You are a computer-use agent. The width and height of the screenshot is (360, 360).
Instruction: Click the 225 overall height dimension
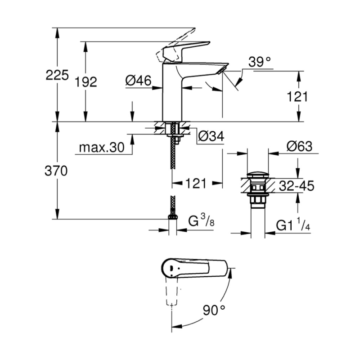[57, 75]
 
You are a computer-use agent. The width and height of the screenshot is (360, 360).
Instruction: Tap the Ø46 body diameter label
[139, 81]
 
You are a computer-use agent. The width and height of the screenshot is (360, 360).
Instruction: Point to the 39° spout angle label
[260, 62]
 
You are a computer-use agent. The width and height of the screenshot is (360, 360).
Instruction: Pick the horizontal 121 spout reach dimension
[196, 183]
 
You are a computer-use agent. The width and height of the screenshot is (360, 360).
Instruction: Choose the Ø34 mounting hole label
[211, 136]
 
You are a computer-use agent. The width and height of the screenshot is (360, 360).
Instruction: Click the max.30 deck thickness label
[102, 147]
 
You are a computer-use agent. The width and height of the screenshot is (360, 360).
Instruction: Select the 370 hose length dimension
[56, 171]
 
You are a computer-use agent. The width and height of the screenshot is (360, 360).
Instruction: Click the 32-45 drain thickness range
[297, 186]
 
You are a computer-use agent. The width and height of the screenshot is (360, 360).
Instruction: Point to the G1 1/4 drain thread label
[293, 224]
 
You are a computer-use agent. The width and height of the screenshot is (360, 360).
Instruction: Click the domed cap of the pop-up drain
[258, 175]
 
